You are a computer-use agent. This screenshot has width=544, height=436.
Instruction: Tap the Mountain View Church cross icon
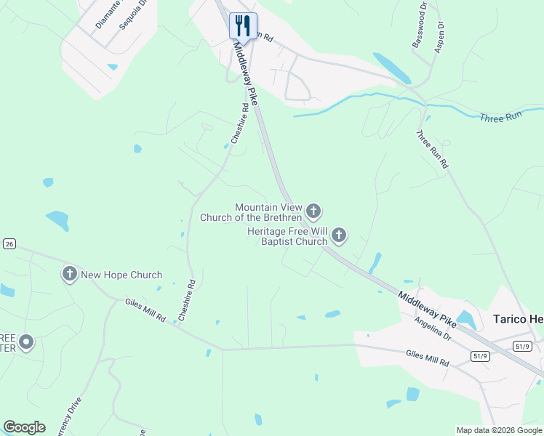pyautogui.click(x=313, y=211)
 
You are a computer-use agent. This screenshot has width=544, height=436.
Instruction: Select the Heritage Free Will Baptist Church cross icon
pyautogui.click(x=339, y=235)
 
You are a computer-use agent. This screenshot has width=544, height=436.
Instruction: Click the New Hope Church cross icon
pyautogui.click(x=69, y=274)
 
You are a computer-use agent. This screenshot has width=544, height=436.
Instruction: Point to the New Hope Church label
pyautogui.click(x=121, y=275)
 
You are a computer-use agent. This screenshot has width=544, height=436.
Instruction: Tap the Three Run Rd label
pyautogui.click(x=432, y=150)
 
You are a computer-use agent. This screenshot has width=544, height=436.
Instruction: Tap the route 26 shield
pyautogui.click(x=9, y=243)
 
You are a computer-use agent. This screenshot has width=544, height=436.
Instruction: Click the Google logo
pyautogui.click(x=24, y=427)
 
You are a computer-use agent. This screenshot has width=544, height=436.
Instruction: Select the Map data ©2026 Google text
pyautogui.click(x=498, y=430)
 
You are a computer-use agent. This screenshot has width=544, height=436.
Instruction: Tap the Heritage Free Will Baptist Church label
pyautogui.click(x=287, y=236)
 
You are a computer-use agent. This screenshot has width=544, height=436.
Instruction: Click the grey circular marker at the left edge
pyautogui.click(x=26, y=342)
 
